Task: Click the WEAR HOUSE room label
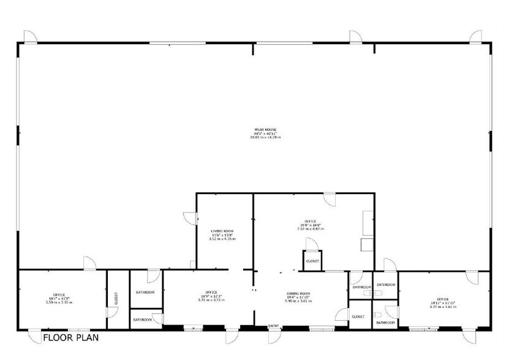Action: click(x=266, y=130)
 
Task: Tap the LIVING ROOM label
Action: click(x=222, y=231)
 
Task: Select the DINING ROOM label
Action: click(x=298, y=294)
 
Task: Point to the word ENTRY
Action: click(x=273, y=326)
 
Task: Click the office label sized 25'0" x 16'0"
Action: click(x=310, y=221)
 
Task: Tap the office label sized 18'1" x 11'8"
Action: click(x=59, y=294)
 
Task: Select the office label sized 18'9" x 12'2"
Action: click(x=211, y=292)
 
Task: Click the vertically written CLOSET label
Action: click(x=116, y=298)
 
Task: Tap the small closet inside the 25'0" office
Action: click(x=312, y=261)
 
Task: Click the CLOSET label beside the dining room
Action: click(x=358, y=317)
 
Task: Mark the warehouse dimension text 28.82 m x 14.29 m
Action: click(x=266, y=137)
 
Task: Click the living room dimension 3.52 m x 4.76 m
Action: click(x=222, y=239)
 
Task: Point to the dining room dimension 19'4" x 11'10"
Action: click(x=298, y=298)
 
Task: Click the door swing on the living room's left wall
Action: click(x=189, y=217)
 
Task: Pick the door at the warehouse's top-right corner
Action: click(x=475, y=36)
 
